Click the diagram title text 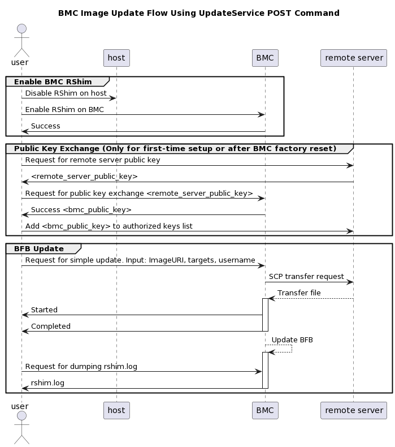tap(198, 13)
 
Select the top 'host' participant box tap(116, 58)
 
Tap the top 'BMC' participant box tap(265, 58)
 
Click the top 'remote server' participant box tap(354, 58)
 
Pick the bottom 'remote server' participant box tap(354, 410)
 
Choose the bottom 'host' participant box tap(116, 410)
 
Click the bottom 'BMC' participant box tap(265, 410)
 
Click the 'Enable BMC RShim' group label tap(53, 82)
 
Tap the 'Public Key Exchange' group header tap(175, 149)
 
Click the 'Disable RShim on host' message tap(66, 93)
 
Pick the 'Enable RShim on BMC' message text tap(64, 109)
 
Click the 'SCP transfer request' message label tap(306, 276)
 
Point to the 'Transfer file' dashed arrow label tap(299, 293)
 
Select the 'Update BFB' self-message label tap(292, 339)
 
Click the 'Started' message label tap(44, 310)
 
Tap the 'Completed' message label tap(51, 326)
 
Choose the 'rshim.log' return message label tap(47, 382)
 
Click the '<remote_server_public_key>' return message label tap(84, 177)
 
